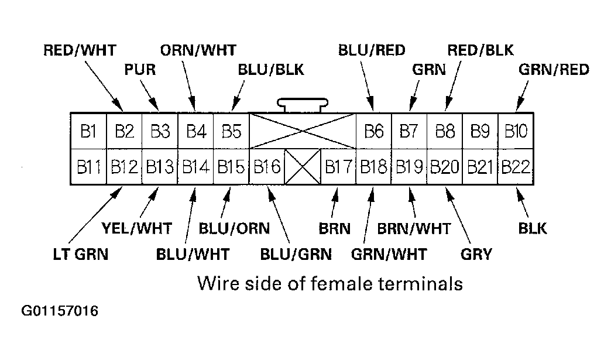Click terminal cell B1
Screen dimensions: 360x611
[88, 131]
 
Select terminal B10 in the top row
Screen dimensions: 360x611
[516, 131]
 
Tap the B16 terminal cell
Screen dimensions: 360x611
[267, 167]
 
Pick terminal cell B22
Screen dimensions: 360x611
[516, 167]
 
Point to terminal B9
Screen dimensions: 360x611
[480, 131]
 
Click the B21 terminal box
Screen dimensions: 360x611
[480, 167]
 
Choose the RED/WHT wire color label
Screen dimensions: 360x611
[80, 50]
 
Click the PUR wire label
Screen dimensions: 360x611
[140, 70]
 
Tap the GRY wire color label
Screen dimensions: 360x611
[476, 255]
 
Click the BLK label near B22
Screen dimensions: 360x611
[533, 228]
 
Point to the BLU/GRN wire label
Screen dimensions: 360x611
[296, 255]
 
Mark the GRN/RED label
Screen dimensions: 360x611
[554, 70]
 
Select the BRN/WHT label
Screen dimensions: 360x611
[414, 228]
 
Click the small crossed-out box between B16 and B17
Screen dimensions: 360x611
[303, 167]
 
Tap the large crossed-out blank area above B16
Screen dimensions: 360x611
[303, 131]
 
